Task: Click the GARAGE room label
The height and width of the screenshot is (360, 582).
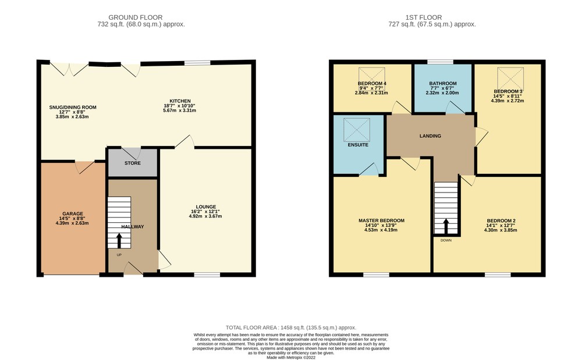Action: click(x=73, y=213)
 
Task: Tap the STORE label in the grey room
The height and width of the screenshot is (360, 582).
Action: click(x=133, y=163)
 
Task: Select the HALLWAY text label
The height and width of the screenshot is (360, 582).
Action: click(x=133, y=227)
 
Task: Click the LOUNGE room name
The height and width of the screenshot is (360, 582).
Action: click(x=206, y=207)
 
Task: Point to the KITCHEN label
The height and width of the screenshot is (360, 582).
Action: click(x=180, y=101)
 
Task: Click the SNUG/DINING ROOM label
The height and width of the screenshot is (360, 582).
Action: click(x=73, y=108)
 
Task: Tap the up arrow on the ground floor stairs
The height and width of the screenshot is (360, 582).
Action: click(x=119, y=241)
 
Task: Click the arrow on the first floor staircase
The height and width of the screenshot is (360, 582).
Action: click(x=446, y=227)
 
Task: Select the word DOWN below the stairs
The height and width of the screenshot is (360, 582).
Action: click(x=446, y=240)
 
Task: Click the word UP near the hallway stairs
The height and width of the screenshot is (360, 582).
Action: click(x=119, y=255)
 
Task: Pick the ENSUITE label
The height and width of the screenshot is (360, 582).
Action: click(x=358, y=145)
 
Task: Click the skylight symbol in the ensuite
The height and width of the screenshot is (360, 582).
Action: click(x=357, y=130)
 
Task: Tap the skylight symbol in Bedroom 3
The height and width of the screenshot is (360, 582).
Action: click(x=510, y=79)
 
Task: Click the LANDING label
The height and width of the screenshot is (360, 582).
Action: click(x=431, y=136)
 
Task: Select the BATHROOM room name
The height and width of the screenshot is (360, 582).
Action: click(x=443, y=83)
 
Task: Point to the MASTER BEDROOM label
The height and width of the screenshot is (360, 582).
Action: click(x=382, y=220)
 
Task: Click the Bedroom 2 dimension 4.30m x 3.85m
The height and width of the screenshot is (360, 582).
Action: click(x=501, y=230)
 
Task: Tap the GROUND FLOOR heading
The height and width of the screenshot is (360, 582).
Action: click(x=136, y=17)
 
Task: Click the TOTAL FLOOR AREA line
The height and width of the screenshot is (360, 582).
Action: click(x=291, y=327)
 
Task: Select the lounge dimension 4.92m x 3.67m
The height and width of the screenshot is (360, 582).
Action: click(x=205, y=216)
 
